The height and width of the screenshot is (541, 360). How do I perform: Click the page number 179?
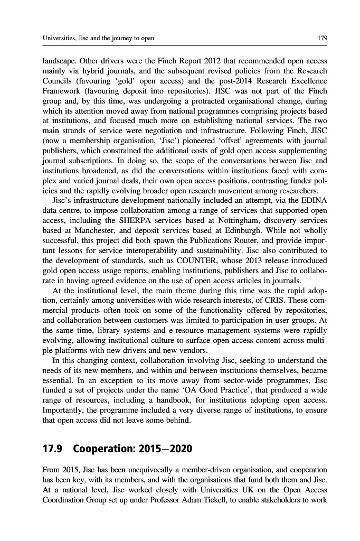321,38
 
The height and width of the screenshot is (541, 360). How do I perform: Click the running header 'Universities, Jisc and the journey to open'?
98,38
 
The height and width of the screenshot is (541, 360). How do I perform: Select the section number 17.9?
52,450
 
